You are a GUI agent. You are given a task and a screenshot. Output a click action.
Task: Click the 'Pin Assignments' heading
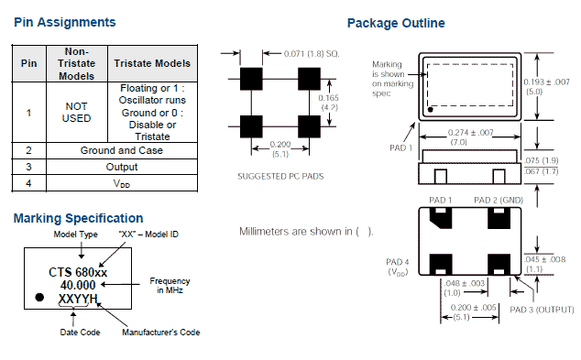click(65, 23)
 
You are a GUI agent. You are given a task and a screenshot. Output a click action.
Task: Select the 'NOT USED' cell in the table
click(76, 113)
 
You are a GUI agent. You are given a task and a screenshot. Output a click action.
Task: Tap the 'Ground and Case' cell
click(122, 150)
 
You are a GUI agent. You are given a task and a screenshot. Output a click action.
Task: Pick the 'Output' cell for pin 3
click(122, 167)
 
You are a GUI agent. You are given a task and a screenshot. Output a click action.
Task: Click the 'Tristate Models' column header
click(152, 63)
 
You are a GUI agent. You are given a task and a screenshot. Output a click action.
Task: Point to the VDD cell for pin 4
click(122, 183)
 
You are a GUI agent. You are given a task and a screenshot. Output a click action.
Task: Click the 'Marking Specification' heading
click(78, 219)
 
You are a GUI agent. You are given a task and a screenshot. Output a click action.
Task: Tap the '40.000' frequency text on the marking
click(78, 285)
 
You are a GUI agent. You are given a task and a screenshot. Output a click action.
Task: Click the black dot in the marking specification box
click(39, 297)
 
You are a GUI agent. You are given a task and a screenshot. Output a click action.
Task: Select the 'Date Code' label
click(80, 333)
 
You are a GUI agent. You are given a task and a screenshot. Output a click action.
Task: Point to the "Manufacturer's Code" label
click(160, 333)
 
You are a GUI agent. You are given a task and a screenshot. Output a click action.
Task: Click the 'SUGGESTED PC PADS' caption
click(280, 176)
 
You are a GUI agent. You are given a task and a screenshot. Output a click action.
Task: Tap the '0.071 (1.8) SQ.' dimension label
click(312, 54)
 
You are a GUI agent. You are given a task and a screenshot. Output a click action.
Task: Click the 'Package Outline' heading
click(396, 23)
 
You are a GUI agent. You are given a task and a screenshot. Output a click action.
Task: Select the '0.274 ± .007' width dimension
click(471, 132)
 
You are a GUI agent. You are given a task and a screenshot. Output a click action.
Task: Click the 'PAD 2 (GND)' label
click(499, 201)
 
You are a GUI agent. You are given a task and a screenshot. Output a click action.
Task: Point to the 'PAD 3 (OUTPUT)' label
click(542, 310)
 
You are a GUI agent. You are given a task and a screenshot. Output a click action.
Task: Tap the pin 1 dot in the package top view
click(431, 110)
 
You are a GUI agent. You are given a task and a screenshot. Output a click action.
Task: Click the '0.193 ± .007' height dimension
click(546, 82)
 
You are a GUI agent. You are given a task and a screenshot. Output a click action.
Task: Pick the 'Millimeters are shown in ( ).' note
click(306, 232)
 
